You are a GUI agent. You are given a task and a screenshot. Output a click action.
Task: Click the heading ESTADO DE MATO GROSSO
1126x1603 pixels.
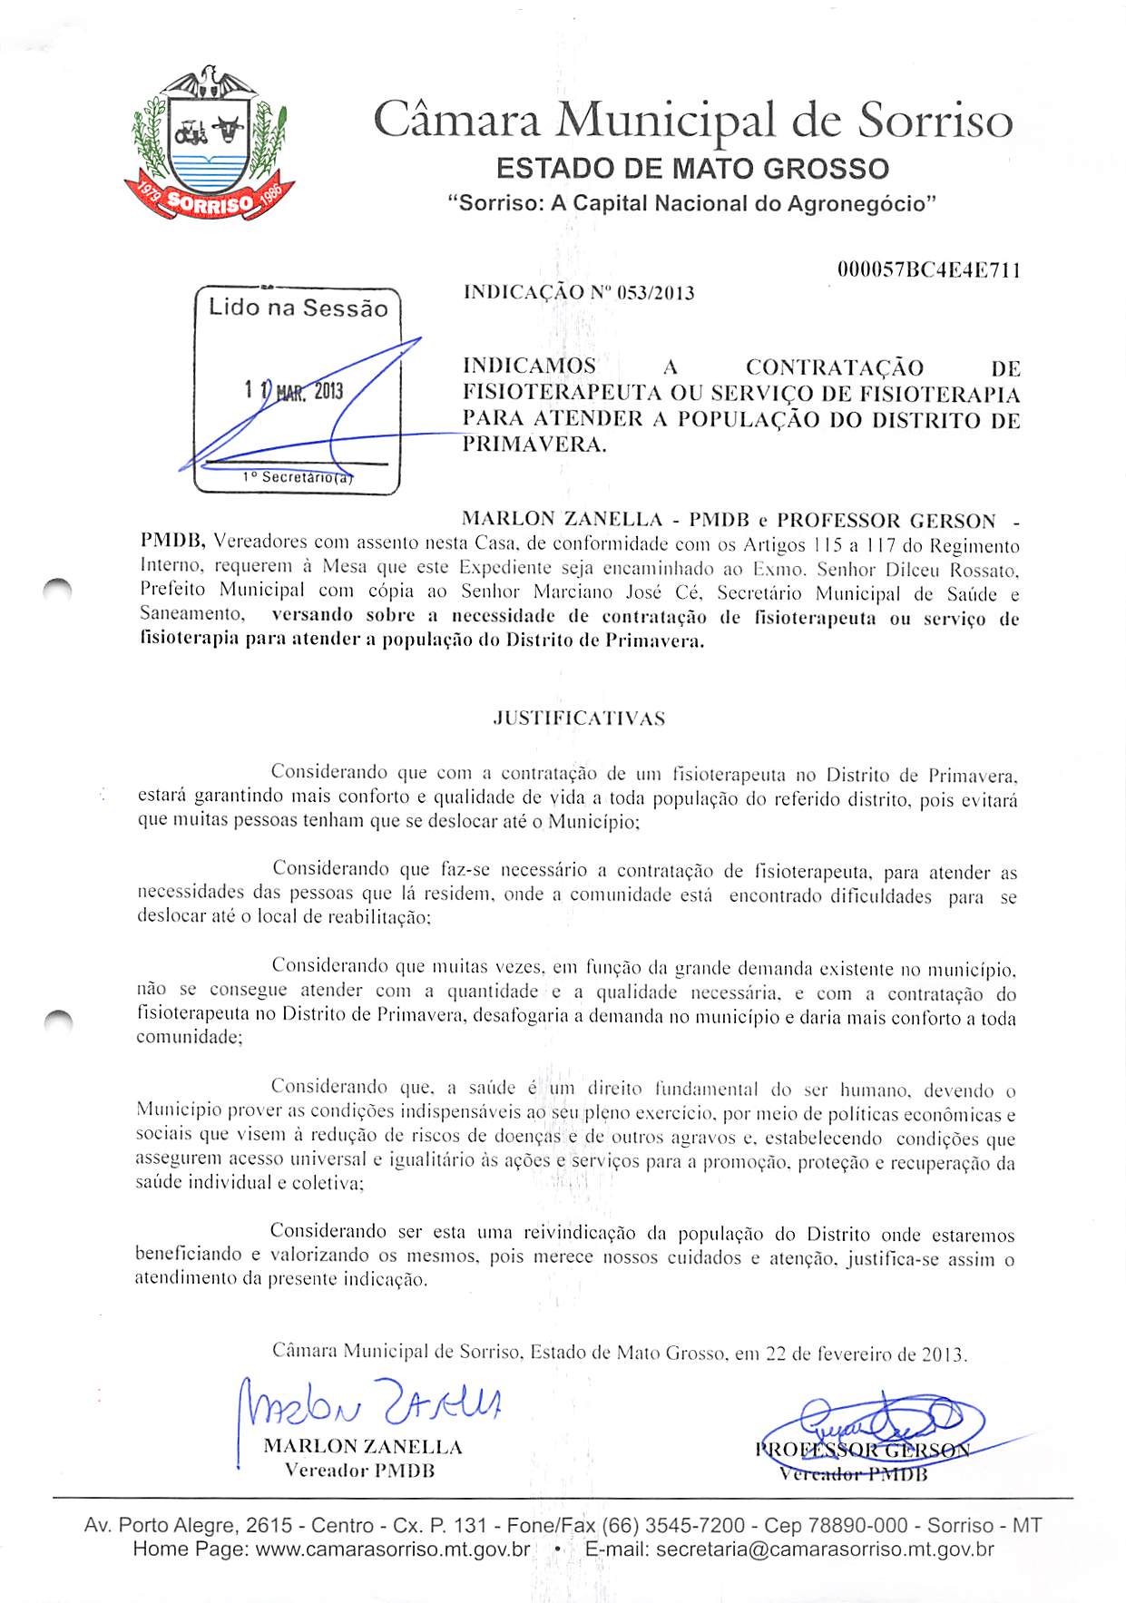(x=692, y=169)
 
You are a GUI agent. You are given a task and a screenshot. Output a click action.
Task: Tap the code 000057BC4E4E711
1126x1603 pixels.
(x=928, y=270)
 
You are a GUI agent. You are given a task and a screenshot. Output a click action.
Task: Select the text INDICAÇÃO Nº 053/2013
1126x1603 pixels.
(x=579, y=292)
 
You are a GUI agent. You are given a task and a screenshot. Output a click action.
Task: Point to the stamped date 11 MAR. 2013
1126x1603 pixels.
(x=294, y=391)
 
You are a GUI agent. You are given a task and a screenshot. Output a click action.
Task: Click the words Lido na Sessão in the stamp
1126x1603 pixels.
(x=298, y=308)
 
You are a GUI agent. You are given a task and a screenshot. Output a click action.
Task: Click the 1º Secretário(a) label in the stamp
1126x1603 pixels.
(x=298, y=477)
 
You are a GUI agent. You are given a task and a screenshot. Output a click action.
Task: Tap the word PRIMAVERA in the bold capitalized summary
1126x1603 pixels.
(x=534, y=445)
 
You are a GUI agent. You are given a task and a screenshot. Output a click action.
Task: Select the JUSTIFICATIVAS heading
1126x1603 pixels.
(x=579, y=718)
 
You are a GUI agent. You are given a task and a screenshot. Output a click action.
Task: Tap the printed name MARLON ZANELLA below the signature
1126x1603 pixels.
(x=363, y=1447)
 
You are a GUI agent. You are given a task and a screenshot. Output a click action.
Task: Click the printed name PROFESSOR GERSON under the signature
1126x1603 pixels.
(x=862, y=1450)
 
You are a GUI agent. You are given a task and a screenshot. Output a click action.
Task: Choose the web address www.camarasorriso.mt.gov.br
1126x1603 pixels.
(x=393, y=1549)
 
